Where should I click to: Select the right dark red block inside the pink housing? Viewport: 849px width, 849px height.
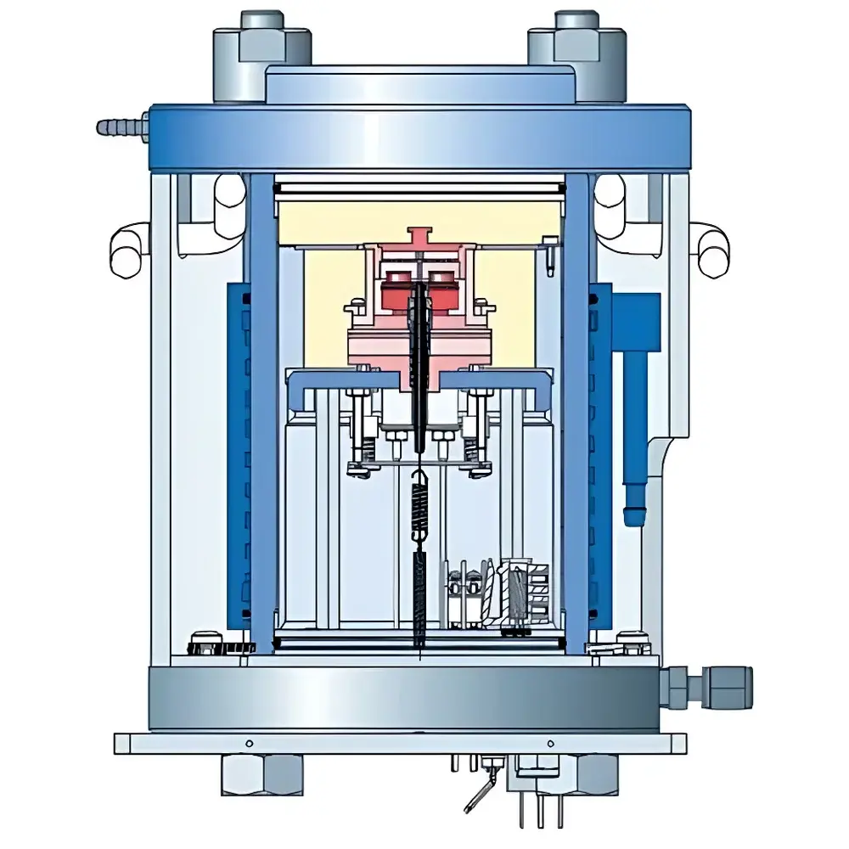(442, 290)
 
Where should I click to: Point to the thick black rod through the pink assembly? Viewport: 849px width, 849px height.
(420, 357)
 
